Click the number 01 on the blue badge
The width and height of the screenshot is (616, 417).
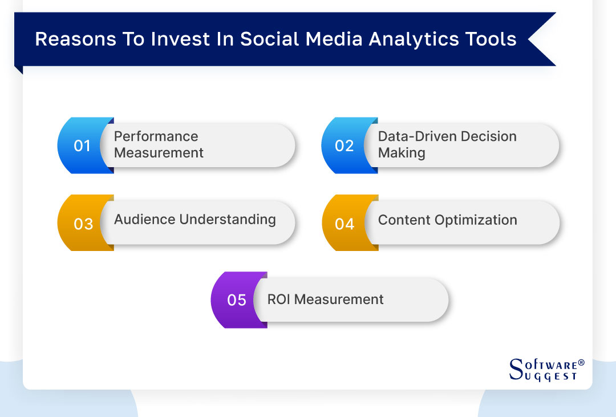pos(82,146)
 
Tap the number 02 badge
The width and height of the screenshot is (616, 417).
pos(345,146)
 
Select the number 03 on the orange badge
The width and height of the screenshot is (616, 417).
pos(83,224)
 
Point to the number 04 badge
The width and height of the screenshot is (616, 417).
pos(345,224)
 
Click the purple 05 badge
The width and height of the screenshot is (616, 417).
pos(237,300)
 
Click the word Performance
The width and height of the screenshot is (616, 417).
pos(156,136)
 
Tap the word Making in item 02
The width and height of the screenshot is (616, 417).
pos(402,153)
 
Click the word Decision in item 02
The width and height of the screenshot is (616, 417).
pos(490,136)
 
